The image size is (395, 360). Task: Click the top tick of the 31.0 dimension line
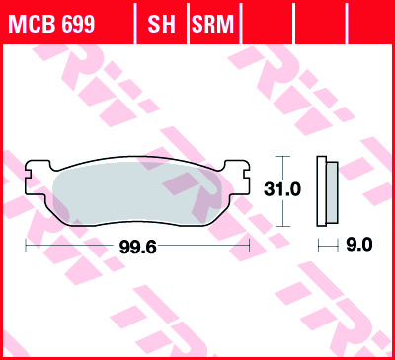coord(284,157)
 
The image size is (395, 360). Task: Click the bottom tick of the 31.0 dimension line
coord(284,225)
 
